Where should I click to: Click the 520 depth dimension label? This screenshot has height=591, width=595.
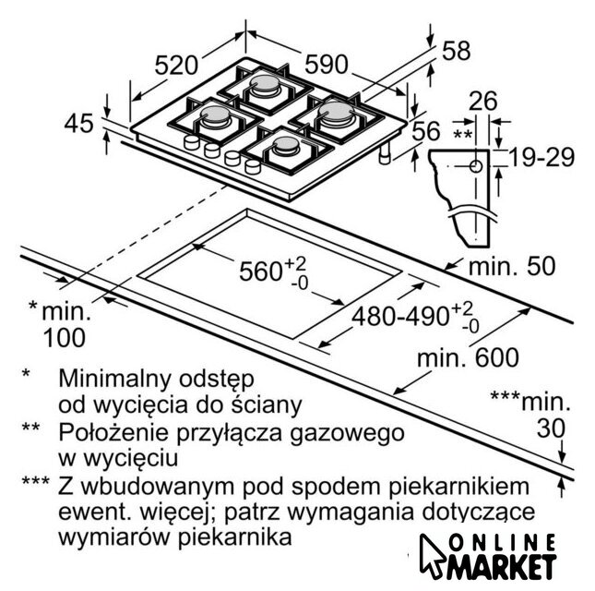[x=176, y=65]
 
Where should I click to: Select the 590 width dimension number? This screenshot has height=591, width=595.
[x=327, y=64]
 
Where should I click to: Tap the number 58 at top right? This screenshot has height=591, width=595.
[x=457, y=51]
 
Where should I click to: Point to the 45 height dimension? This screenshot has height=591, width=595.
[x=78, y=124]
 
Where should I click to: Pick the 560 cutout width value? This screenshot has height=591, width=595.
[x=261, y=271]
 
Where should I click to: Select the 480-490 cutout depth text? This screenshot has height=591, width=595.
[x=400, y=316]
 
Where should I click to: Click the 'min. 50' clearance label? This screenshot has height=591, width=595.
[x=512, y=266]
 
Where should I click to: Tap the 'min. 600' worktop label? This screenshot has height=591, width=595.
[x=468, y=357]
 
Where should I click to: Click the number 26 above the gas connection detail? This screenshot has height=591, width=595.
[x=483, y=101]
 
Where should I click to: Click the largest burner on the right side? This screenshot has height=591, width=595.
[x=336, y=111]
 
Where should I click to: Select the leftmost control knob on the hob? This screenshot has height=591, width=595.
[x=192, y=142]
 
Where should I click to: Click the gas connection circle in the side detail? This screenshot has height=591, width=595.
[x=476, y=166]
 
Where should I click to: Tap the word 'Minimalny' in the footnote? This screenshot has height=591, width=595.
[x=113, y=379]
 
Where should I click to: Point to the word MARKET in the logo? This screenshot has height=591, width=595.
[x=503, y=567]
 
